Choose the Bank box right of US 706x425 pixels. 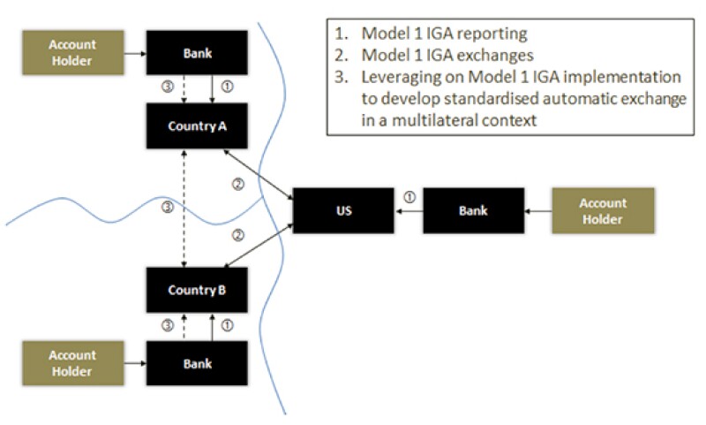(474, 210)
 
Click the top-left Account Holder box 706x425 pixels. (72, 54)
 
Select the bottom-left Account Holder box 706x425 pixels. (72, 363)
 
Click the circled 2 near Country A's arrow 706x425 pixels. (237, 184)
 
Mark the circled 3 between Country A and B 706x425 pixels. (167, 207)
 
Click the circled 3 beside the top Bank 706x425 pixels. (167, 87)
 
